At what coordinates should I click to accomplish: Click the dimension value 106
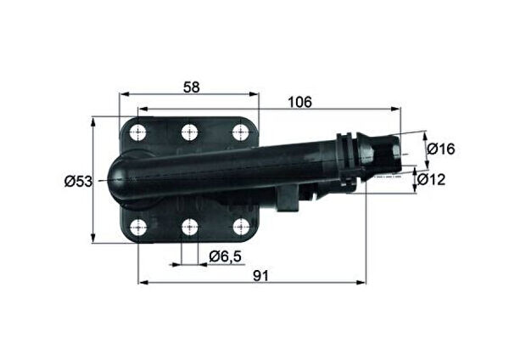[299, 102]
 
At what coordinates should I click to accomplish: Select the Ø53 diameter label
[78, 181]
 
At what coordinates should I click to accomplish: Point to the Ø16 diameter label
[442, 149]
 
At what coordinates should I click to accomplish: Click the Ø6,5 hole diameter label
[224, 256]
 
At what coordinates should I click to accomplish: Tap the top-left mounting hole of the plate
[137, 132]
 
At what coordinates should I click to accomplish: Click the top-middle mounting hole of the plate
[189, 132]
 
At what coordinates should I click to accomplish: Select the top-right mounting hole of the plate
[241, 132]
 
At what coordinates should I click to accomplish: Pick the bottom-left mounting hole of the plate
[137, 227]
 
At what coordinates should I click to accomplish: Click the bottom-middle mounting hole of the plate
[189, 227]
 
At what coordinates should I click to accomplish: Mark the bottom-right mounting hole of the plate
[241, 227]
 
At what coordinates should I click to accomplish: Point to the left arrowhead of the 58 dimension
[122, 93]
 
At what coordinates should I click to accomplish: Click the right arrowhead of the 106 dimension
[397, 109]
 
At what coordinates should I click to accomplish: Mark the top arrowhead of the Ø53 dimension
[92, 120]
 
